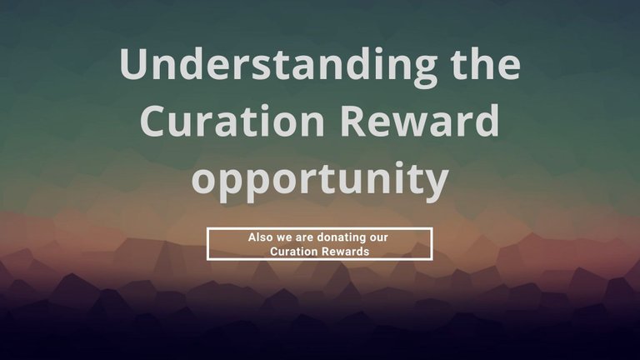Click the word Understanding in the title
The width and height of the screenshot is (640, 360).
click(278, 67)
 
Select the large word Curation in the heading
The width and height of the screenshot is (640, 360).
click(232, 120)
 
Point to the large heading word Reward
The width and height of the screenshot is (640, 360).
click(420, 120)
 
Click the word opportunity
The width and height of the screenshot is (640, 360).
click(320, 181)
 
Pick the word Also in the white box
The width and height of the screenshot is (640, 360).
click(260, 237)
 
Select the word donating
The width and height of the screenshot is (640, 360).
click(341, 238)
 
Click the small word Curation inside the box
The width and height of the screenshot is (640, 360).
click(290, 252)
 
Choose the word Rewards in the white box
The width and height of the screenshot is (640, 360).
click(341, 252)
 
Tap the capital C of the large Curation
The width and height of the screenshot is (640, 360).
click(153, 120)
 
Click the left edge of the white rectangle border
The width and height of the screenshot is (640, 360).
click(207, 243)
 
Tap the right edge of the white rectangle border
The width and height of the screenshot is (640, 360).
click(432, 243)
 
